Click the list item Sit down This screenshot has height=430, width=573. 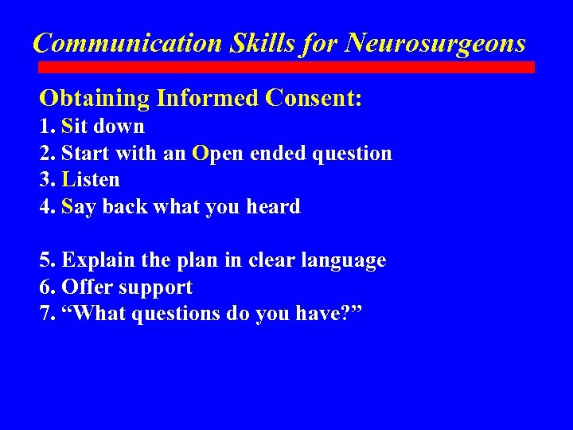[x=102, y=127]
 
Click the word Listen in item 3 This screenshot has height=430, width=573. [x=90, y=180]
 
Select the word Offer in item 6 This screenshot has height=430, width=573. [x=83, y=287]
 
